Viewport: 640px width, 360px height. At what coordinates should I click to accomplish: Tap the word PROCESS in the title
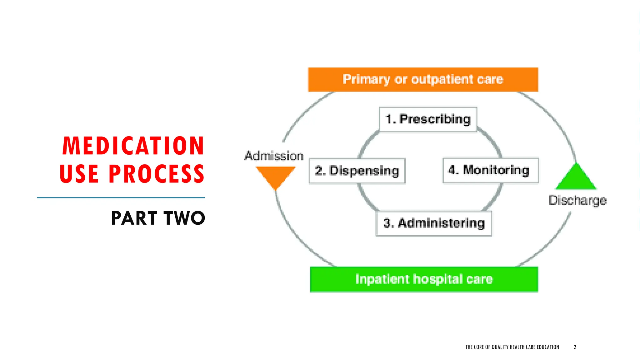tap(156, 174)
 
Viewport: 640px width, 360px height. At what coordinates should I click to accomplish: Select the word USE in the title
tap(79, 174)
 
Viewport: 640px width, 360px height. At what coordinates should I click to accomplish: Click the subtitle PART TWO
tap(158, 218)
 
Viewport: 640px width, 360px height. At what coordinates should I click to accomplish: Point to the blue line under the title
tap(121, 197)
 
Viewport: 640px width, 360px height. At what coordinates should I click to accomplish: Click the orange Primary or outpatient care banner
tap(423, 79)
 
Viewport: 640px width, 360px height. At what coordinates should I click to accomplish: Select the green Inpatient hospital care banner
tap(424, 279)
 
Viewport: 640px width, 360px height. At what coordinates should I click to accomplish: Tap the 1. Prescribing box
tap(428, 119)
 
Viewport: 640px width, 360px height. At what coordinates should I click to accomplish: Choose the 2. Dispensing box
tap(357, 171)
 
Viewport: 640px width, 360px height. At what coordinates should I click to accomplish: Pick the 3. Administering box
tap(434, 223)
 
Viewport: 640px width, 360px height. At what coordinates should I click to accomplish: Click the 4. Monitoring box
tap(491, 170)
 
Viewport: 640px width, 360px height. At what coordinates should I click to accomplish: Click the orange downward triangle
tap(275, 176)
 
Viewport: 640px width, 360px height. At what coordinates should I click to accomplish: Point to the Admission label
tap(274, 156)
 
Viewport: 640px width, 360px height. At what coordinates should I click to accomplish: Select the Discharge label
tap(577, 200)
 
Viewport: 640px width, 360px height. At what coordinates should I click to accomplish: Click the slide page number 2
tap(575, 347)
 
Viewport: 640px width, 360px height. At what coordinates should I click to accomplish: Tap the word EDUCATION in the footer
tap(548, 347)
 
